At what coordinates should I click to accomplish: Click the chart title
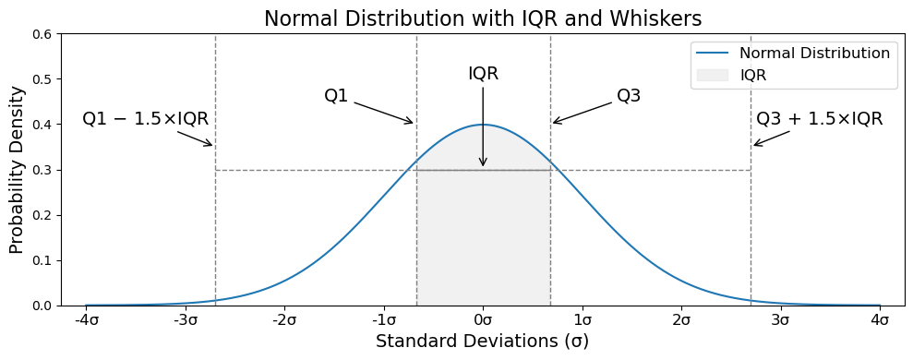[483, 18]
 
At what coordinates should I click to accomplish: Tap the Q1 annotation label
[336, 96]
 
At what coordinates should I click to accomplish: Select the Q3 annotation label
[629, 96]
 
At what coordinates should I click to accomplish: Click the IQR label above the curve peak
[484, 74]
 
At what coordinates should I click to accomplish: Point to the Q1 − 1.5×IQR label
[146, 119]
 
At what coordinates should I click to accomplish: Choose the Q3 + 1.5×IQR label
[819, 119]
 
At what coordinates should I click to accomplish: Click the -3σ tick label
[186, 321]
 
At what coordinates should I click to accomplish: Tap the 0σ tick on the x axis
[484, 321]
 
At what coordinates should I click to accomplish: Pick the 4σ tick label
[880, 321]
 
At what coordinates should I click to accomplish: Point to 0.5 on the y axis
[45, 79]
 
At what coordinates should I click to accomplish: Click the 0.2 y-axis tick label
[45, 215]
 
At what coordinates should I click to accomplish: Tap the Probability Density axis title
[17, 170]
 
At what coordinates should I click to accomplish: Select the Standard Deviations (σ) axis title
[482, 342]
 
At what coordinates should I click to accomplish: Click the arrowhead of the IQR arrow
[483, 162]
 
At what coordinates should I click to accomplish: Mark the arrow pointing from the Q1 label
[384, 113]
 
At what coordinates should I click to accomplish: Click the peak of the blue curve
[483, 124]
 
